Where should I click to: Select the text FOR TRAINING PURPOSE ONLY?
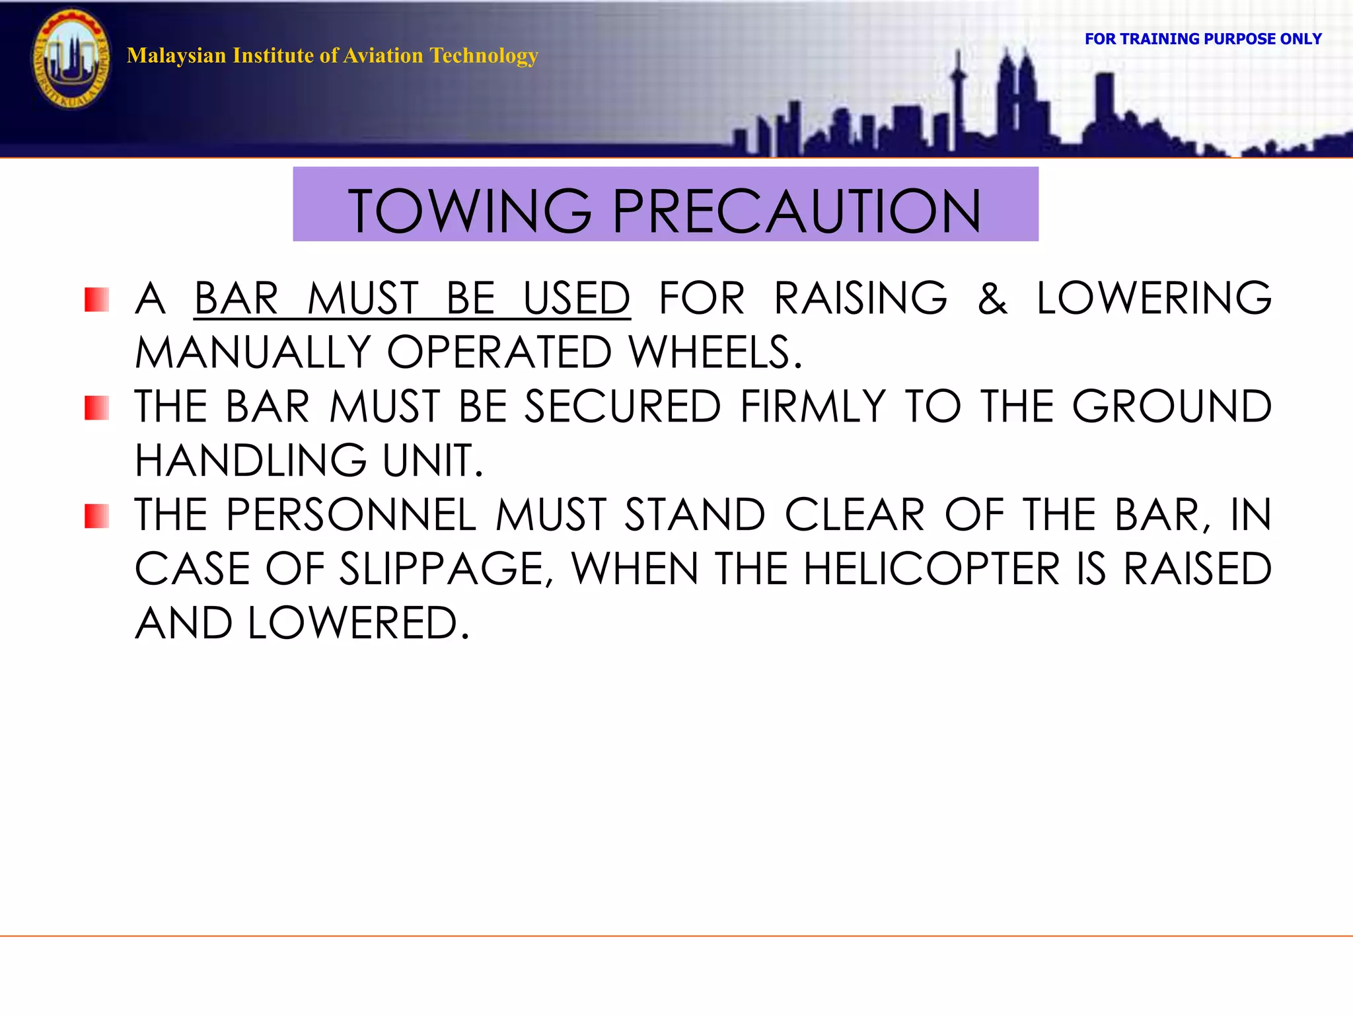click(1202, 39)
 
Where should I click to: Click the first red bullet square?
click(96, 299)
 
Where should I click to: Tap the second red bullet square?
click(96, 408)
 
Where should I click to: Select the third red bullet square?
click(96, 516)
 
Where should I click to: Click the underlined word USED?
click(577, 299)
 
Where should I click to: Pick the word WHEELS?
click(715, 353)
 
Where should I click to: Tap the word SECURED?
click(622, 407)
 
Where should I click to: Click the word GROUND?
click(1171, 407)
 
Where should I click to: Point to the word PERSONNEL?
click(351, 515)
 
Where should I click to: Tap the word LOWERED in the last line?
click(357, 624)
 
